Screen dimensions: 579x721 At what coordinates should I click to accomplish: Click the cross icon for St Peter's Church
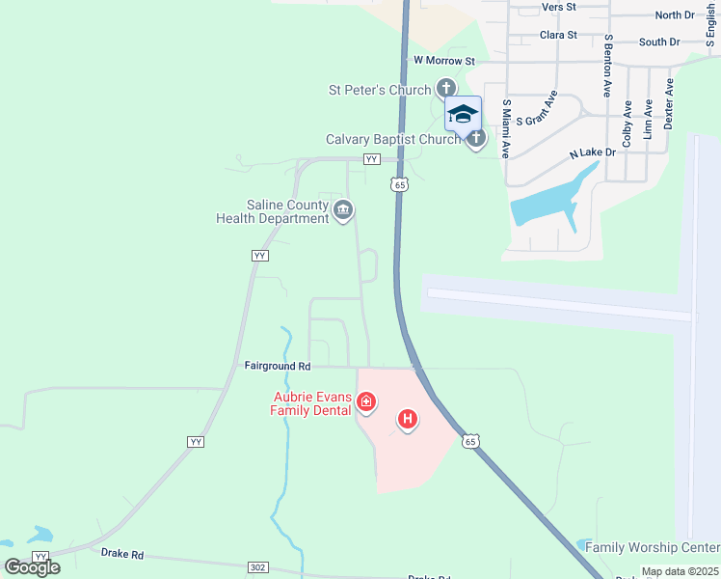click(x=446, y=89)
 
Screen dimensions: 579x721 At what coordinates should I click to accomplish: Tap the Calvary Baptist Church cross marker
click(x=475, y=139)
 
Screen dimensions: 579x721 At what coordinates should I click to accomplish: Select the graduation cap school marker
click(x=463, y=114)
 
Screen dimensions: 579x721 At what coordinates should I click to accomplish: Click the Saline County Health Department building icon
click(x=342, y=210)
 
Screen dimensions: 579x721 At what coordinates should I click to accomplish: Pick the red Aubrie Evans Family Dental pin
click(x=365, y=402)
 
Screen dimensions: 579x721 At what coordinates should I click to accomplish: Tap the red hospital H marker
click(x=408, y=420)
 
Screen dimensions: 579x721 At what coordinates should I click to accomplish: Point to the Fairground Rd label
click(x=278, y=367)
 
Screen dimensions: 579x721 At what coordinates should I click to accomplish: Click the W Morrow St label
click(x=444, y=60)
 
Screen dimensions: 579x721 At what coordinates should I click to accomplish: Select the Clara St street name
click(x=558, y=35)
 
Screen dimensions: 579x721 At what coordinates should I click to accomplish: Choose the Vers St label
click(x=558, y=7)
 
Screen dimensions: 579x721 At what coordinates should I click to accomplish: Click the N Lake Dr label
click(x=592, y=153)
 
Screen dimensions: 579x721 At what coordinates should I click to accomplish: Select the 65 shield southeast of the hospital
click(x=469, y=441)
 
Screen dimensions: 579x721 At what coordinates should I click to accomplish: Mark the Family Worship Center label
click(x=653, y=547)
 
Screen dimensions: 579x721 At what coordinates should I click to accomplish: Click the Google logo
click(x=33, y=566)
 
